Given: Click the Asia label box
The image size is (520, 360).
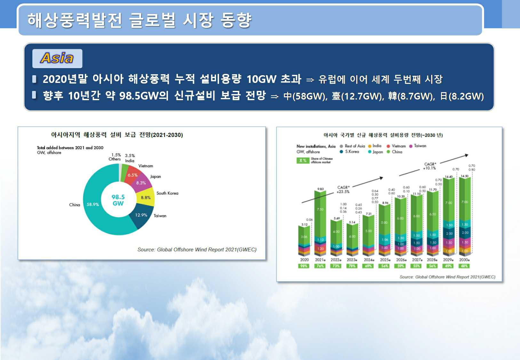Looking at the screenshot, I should [x=57, y=58].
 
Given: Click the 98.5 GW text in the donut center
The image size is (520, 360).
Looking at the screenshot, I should [x=118, y=200].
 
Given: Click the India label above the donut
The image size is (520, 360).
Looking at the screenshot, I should [x=130, y=161].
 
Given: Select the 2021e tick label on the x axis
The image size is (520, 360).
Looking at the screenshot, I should [x=320, y=260].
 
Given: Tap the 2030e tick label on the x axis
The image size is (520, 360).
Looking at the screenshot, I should [x=464, y=260].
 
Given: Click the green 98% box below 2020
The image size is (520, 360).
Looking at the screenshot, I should [x=304, y=266].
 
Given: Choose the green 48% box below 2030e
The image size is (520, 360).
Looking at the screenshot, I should [x=464, y=266].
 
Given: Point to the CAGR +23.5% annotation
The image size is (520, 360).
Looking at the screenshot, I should [x=343, y=189].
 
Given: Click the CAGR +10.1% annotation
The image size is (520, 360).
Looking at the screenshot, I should [x=429, y=166].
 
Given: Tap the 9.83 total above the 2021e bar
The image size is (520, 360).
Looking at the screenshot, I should [x=320, y=189].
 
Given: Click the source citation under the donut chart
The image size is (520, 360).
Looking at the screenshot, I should [x=197, y=250].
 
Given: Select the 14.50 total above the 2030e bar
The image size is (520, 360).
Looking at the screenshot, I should [x=464, y=176].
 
